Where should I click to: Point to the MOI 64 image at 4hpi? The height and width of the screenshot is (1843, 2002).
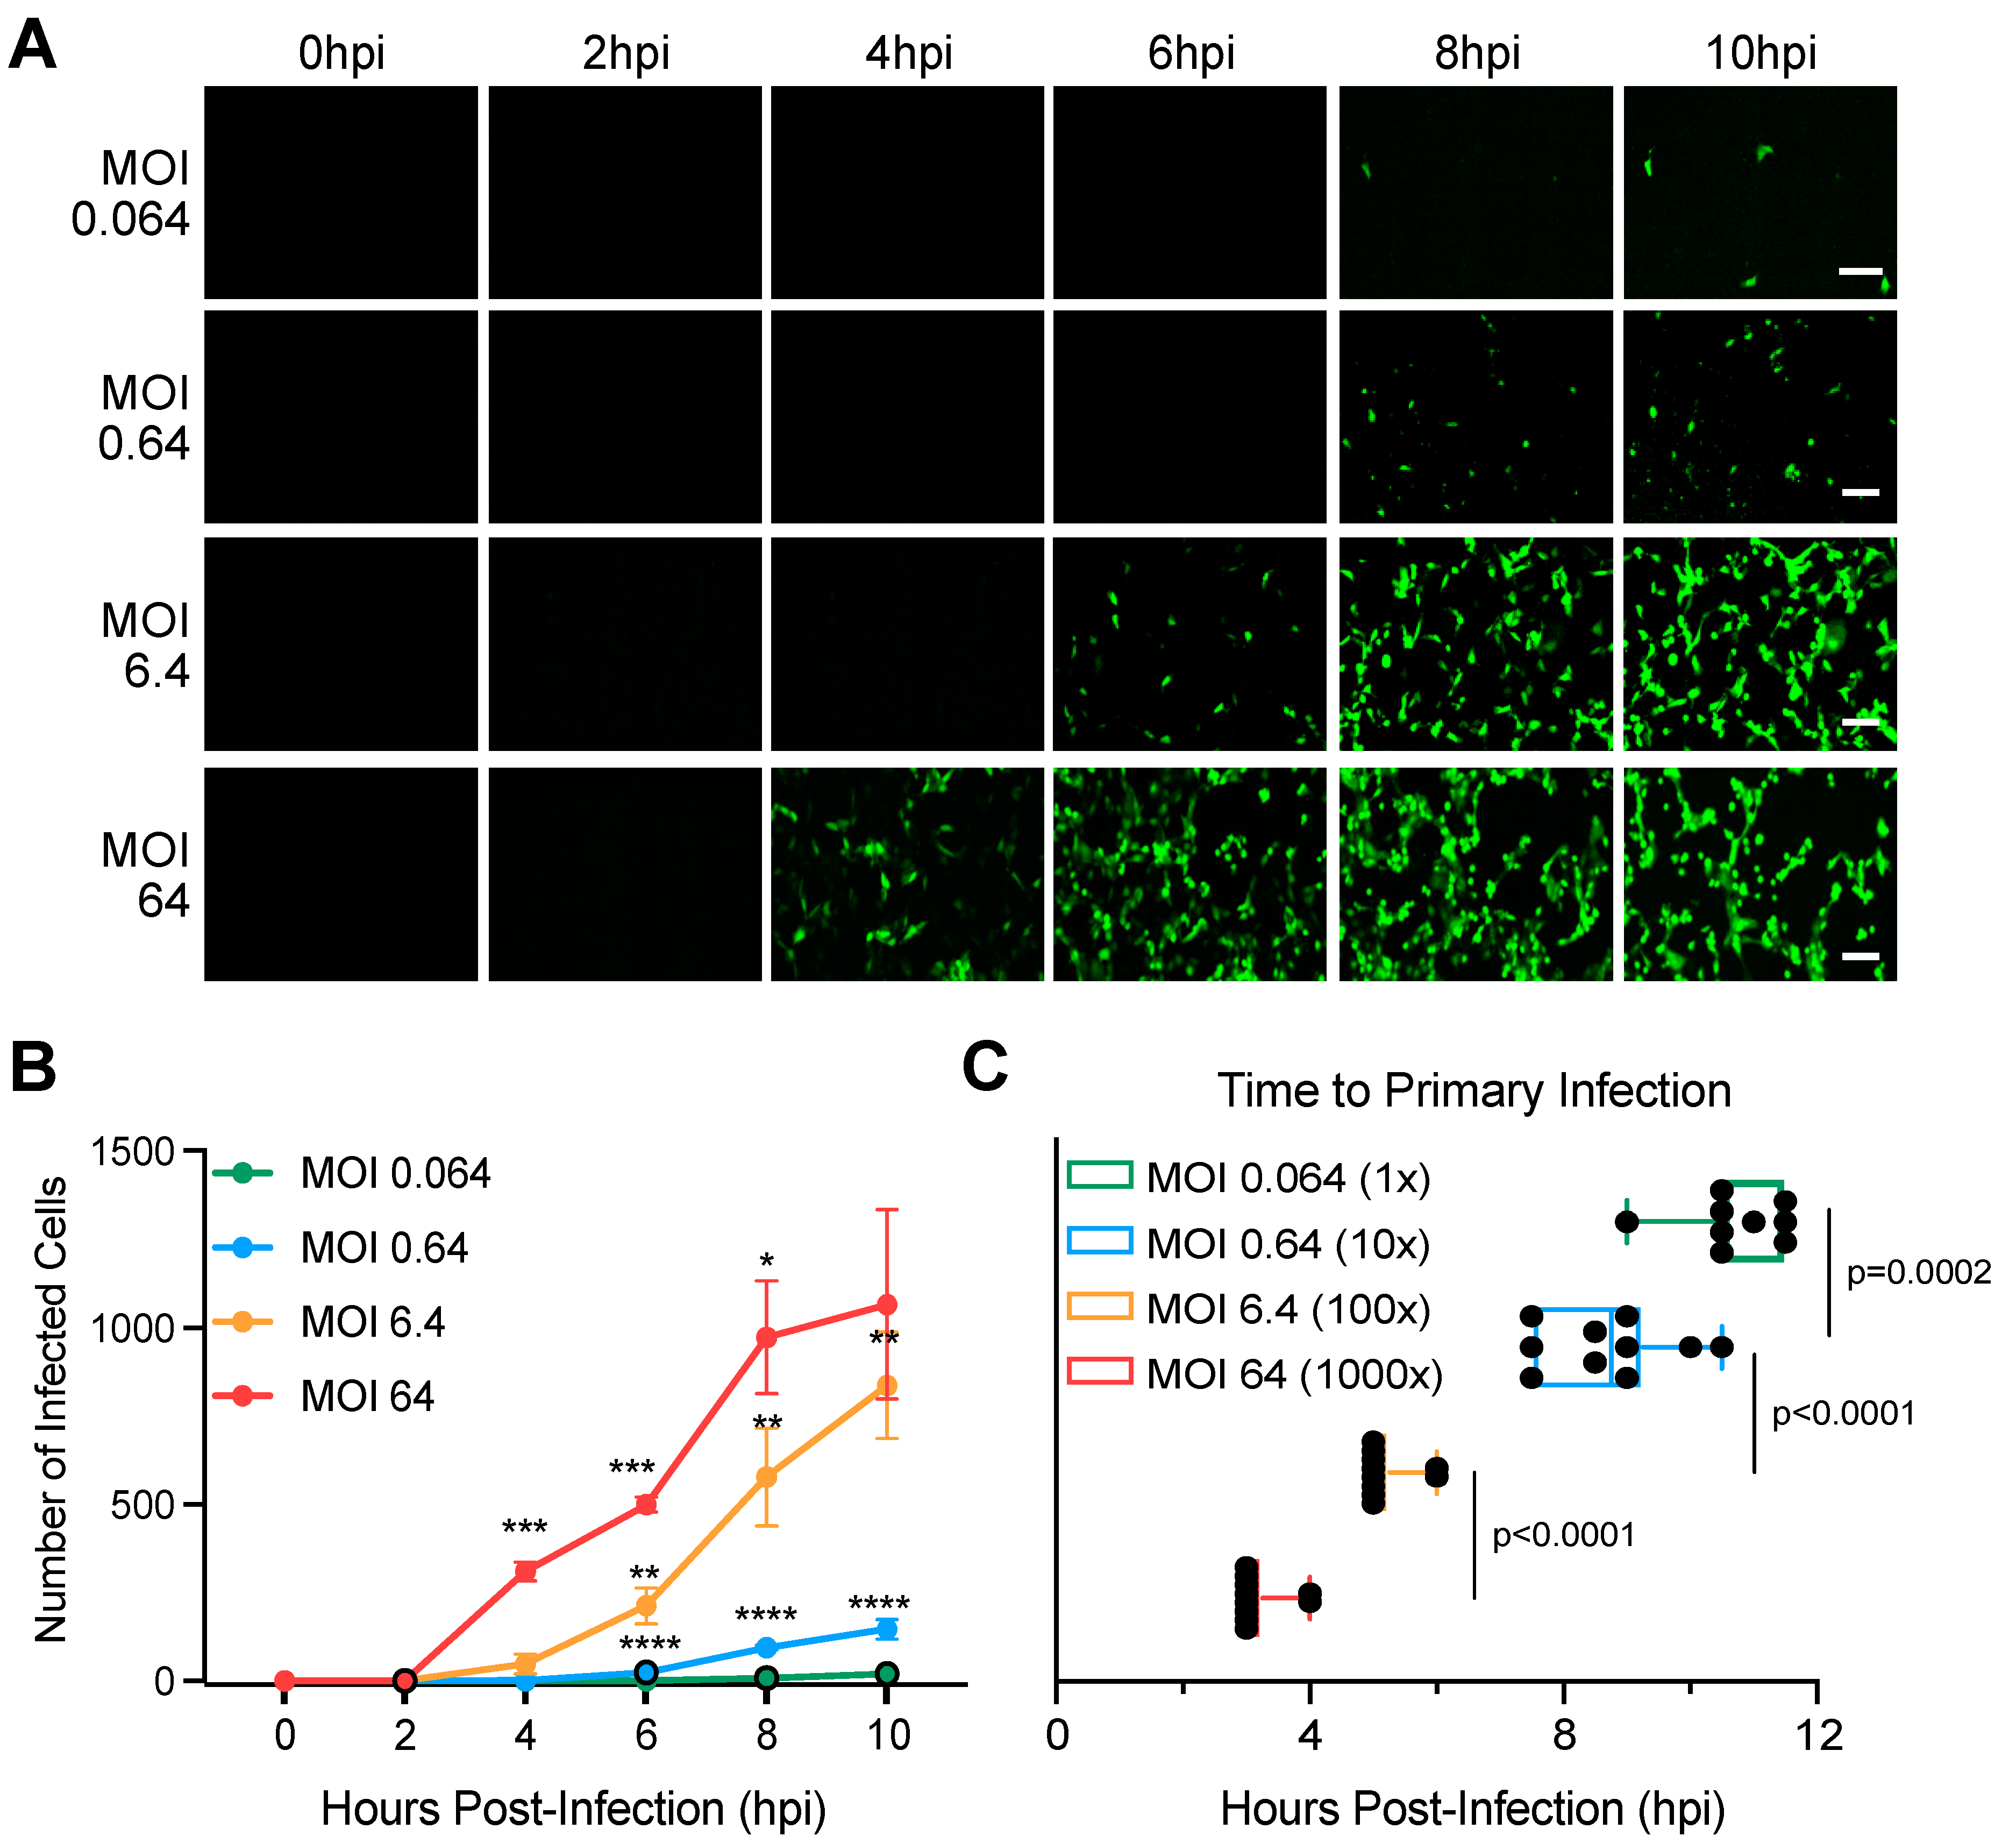(907, 875)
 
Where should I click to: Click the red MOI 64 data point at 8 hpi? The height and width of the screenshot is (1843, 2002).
(767, 1337)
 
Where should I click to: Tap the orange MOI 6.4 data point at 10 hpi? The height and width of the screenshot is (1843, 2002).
(886, 1386)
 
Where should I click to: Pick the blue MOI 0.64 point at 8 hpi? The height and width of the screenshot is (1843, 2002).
(767, 1648)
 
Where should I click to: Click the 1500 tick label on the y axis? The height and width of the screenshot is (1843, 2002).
(133, 1153)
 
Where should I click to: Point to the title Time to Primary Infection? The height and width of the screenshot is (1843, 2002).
(1473, 1091)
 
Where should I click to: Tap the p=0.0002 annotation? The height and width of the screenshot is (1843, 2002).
(1918, 1273)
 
